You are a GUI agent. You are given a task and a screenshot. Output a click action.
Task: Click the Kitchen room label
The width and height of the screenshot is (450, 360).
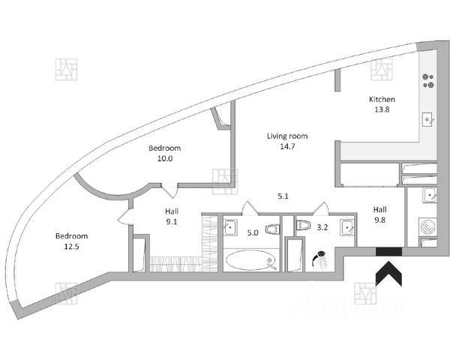click(381, 99)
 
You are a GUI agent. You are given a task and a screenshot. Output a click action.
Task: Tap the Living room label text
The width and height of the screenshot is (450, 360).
click(287, 136)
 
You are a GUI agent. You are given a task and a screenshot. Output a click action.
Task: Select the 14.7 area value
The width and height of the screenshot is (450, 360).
click(287, 148)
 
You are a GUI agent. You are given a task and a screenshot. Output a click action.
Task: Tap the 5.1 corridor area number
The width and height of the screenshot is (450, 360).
click(283, 196)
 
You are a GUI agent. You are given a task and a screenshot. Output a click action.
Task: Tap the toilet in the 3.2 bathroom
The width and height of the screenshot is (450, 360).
click(304, 225)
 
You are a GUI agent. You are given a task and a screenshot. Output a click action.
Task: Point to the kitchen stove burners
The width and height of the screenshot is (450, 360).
click(429, 81)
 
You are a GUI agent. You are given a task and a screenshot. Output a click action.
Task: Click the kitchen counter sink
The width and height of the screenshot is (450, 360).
click(428, 118)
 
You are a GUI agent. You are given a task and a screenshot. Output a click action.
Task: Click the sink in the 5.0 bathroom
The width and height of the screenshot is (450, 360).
click(231, 227)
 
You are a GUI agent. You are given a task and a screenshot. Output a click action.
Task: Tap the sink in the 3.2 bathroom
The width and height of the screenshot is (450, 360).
click(346, 226)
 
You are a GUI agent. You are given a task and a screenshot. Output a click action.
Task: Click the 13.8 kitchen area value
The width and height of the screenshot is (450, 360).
click(381, 109)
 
